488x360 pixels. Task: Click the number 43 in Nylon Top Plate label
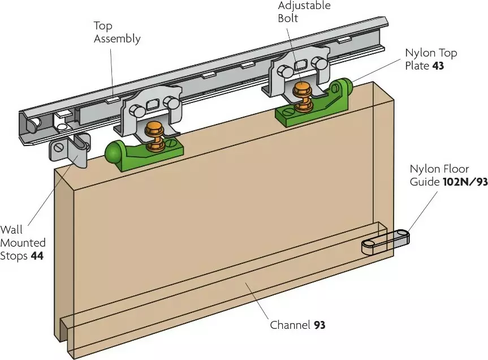click(x=438, y=66)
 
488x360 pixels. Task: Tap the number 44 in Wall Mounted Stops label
click(x=37, y=256)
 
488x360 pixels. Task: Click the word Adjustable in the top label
click(x=304, y=6)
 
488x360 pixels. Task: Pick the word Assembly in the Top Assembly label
click(x=116, y=39)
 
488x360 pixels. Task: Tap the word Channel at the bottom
click(x=290, y=325)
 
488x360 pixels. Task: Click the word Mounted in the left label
click(x=23, y=243)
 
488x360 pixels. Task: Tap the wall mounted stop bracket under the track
click(x=73, y=150)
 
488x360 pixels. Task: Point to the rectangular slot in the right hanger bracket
click(x=301, y=65)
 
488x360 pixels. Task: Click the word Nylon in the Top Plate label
click(x=419, y=53)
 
